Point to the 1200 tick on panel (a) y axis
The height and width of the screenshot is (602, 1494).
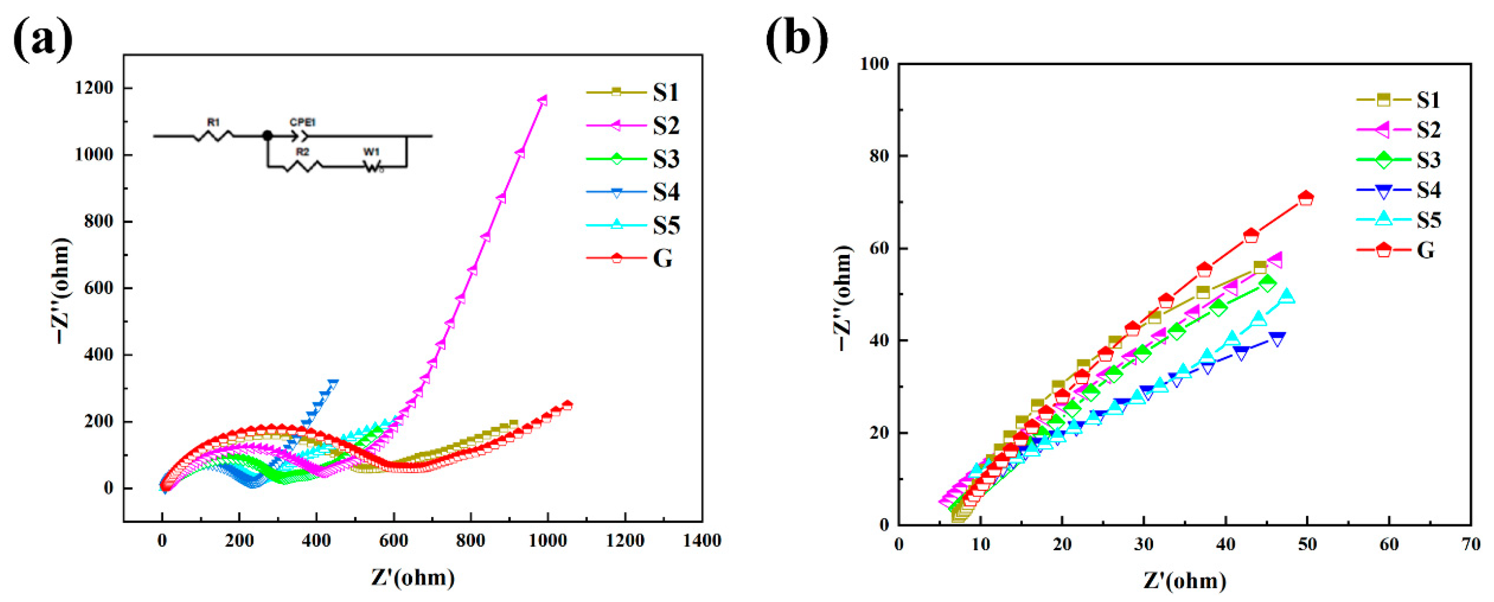(x=94, y=88)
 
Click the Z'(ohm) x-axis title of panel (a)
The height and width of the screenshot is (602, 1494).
(x=413, y=578)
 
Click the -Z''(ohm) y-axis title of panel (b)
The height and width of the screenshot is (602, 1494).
(x=844, y=298)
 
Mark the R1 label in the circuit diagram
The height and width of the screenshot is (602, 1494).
(x=213, y=123)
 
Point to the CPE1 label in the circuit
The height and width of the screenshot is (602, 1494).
(x=302, y=123)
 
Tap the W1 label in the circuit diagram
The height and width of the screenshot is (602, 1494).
(x=371, y=152)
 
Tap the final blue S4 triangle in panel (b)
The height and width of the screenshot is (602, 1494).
(x=1277, y=339)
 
